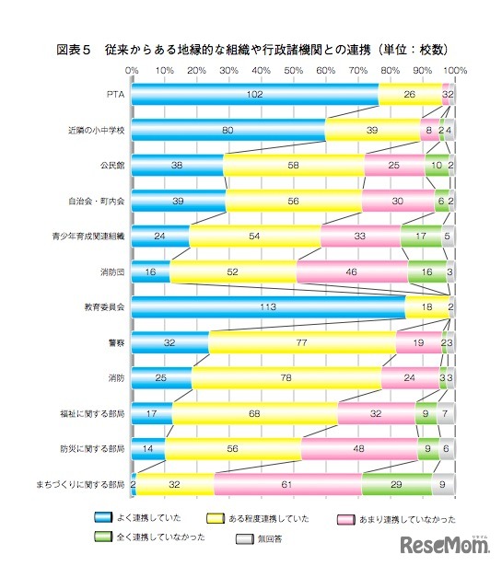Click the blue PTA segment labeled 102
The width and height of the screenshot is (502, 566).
255,94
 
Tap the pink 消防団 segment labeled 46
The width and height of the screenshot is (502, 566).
352,271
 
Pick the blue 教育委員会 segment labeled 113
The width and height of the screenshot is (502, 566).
269,306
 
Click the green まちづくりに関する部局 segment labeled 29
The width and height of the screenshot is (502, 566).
396,482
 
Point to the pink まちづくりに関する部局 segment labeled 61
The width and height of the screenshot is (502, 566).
287,482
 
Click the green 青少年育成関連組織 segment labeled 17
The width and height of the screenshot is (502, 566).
421,235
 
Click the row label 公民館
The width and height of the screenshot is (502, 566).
112,165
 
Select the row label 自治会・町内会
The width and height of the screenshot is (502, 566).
99,200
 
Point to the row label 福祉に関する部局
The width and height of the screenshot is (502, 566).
96,412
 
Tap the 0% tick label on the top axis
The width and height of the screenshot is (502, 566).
132,70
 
